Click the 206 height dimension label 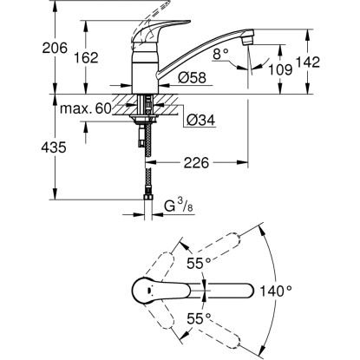55,48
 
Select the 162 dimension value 86,57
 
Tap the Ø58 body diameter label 193,77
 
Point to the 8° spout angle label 220,54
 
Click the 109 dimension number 280,69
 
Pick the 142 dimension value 308,62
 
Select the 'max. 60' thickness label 86,108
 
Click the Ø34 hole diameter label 200,120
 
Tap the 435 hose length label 54,147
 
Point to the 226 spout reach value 196,163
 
